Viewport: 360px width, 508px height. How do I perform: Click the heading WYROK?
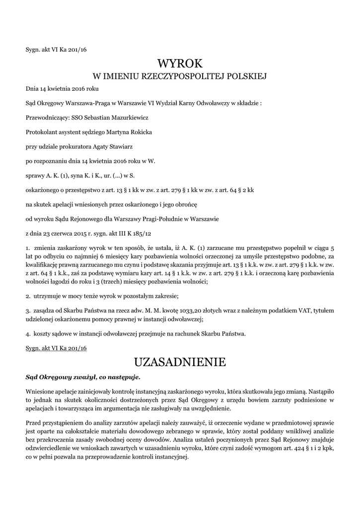point(180,63)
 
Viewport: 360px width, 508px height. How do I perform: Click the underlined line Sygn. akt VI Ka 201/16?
point(56,349)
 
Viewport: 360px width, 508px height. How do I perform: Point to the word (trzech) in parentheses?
point(116,282)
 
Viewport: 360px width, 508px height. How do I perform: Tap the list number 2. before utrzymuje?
point(28,296)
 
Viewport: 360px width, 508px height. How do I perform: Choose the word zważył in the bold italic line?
point(78,377)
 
